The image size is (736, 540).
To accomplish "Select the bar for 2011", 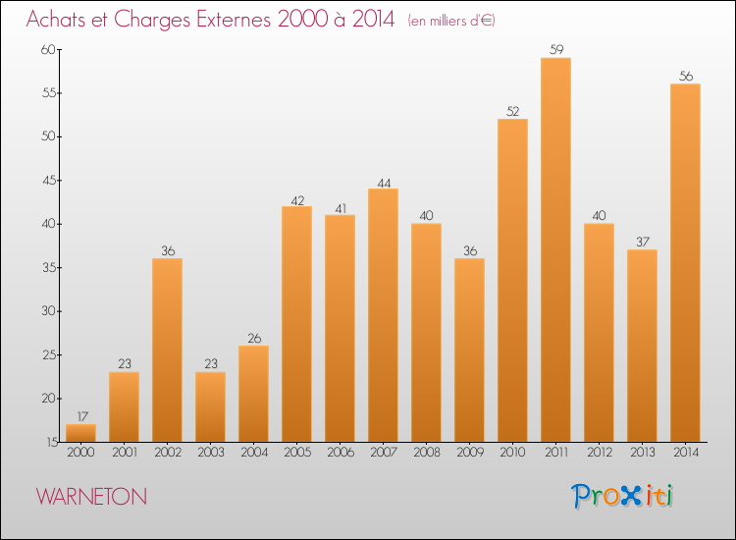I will coord(555,250).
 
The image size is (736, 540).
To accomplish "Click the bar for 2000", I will coord(80,433).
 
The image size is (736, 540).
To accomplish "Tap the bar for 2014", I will coord(685,263).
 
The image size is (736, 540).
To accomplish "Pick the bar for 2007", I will coord(383,315).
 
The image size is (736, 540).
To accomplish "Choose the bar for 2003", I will coord(210,406).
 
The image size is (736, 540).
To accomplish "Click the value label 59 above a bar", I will coord(555,49).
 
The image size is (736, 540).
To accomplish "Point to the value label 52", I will coord(512,111).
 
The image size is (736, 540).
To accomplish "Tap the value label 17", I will coord(80,415).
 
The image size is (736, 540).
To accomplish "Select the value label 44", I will coord(383,181).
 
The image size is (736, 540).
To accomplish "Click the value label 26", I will coord(253,338).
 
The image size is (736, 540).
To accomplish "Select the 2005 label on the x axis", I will coord(296,454).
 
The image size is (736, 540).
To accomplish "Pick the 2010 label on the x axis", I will coord(512,454).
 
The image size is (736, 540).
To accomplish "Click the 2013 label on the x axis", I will coord(642,454).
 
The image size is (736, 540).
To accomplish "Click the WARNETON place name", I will coord(91,497).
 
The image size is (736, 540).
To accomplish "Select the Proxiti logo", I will coord(622,496).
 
